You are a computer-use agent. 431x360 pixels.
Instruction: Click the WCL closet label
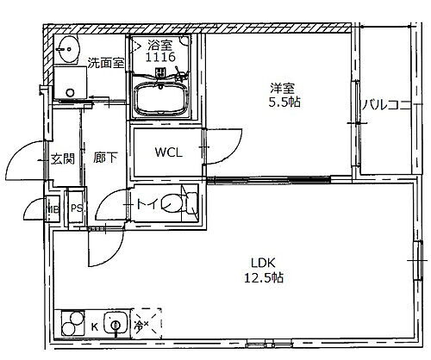[x=169, y=152]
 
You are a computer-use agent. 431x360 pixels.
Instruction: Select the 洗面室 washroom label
[x=105, y=61]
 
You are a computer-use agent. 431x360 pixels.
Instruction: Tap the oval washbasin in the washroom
[x=66, y=47]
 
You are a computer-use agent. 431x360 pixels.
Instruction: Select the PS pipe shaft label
[x=77, y=208]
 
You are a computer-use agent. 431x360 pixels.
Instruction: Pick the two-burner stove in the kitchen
[x=68, y=326]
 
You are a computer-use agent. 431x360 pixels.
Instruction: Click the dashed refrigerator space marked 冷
[x=142, y=325]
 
